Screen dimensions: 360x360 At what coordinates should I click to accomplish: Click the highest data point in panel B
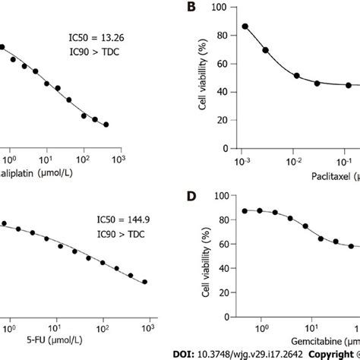coord(245,26)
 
